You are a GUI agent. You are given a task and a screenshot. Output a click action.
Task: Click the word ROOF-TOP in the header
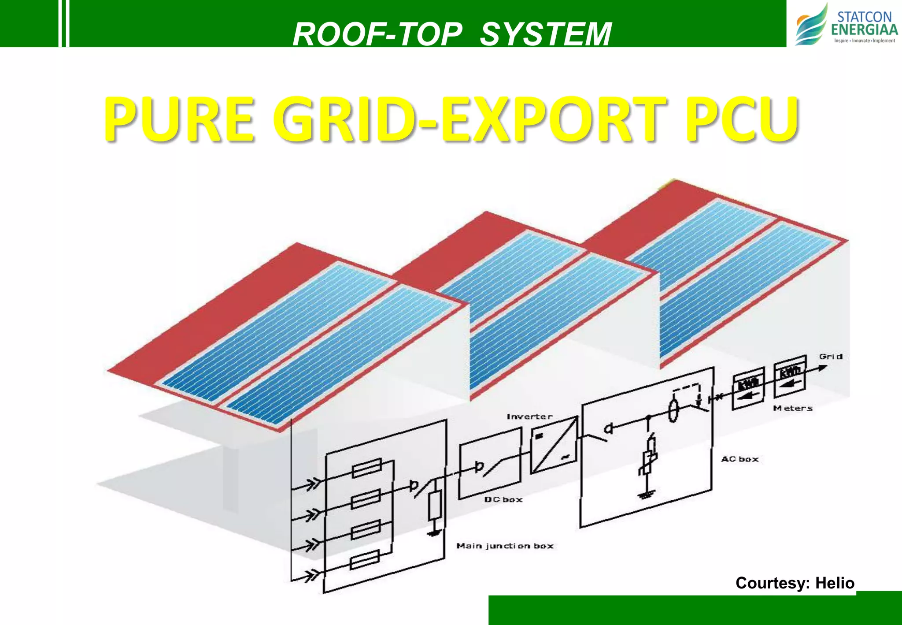tap(378, 34)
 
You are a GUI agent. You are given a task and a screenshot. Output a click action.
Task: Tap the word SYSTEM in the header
tap(545, 34)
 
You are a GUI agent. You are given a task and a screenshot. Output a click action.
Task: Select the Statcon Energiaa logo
tap(846, 24)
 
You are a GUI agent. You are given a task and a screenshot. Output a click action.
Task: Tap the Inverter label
tap(529, 417)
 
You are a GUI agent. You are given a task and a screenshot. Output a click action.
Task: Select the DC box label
tap(503, 499)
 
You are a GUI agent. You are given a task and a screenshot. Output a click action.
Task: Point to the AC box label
tap(740, 459)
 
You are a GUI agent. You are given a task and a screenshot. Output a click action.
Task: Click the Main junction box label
tap(505, 546)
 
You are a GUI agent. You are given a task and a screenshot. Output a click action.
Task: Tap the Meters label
tap(793, 408)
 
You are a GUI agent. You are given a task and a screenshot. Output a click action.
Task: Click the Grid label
tap(831, 357)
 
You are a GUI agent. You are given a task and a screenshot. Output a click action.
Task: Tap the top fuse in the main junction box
tap(367, 468)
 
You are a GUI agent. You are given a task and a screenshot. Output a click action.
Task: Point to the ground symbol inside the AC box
tap(646, 495)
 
